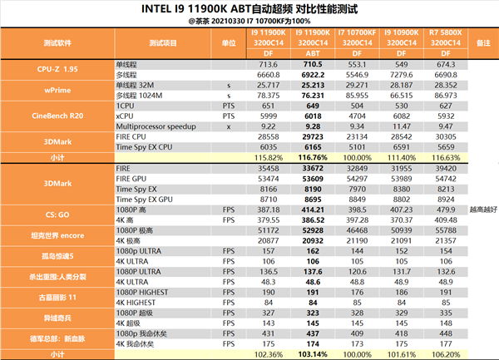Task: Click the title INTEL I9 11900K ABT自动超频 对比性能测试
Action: tap(249, 9)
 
